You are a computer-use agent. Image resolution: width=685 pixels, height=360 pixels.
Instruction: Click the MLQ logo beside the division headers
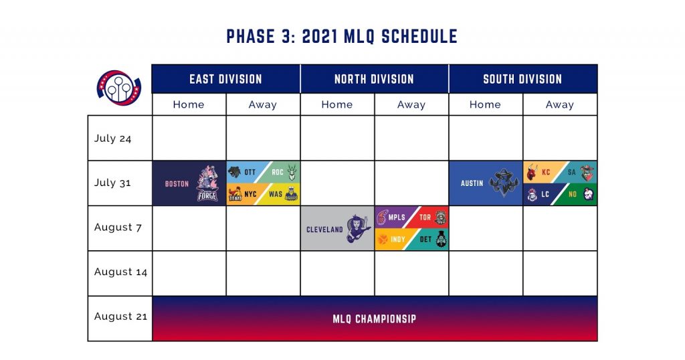[x=119, y=88]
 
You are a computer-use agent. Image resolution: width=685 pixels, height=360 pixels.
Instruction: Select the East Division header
[x=226, y=79]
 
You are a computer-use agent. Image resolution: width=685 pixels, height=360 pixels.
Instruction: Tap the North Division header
[x=375, y=79]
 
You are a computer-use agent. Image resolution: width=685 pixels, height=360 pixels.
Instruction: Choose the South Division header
[x=523, y=79]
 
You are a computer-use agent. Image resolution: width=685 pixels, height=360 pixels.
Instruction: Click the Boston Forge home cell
[x=189, y=183]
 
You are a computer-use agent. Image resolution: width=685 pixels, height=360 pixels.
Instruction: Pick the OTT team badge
[x=245, y=172]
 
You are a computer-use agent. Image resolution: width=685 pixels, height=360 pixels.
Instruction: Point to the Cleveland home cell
[x=337, y=228]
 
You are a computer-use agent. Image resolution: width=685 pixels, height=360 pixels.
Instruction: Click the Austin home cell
[x=486, y=183]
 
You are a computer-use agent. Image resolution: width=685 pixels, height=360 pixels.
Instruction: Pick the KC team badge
[x=541, y=172]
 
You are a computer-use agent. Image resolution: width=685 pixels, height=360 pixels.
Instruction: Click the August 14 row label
[x=120, y=272]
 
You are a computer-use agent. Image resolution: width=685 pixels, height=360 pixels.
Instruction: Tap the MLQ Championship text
[x=375, y=319]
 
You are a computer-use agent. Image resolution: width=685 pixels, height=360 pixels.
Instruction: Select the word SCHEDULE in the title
[x=419, y=36]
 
